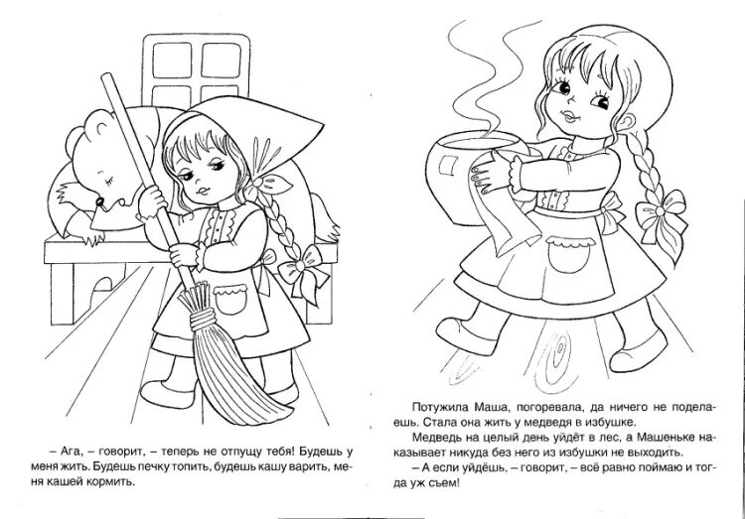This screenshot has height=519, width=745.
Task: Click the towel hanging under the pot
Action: [x=512, y=212]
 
